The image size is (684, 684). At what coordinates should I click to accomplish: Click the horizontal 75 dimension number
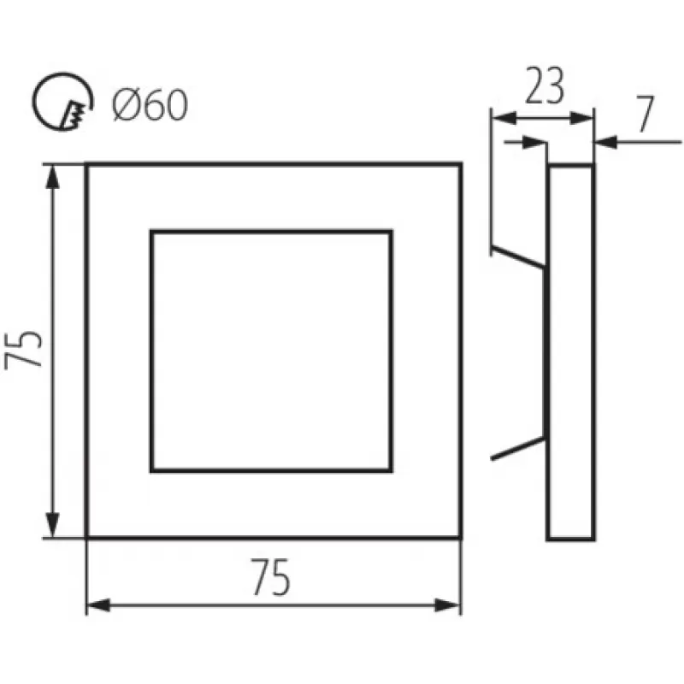pos(270,577)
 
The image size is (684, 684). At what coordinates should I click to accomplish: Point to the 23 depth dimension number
pos(545,86)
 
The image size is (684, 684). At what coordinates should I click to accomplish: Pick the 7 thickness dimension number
pos(645,114)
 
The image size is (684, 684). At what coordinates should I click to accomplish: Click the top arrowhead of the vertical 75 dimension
pos(52,177)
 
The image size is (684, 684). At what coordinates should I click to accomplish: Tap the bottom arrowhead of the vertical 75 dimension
pos(52,525)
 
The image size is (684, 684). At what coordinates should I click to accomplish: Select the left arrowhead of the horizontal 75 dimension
pos(99,605)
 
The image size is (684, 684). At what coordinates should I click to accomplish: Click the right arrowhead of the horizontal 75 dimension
pos(448,605)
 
